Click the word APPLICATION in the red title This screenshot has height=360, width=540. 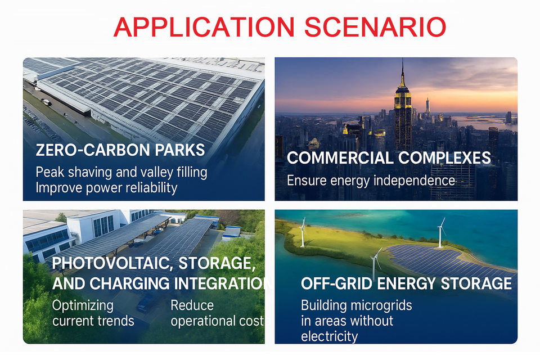[204, 27]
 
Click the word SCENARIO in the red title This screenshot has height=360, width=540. [375, 27]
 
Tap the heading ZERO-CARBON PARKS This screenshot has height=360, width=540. [120, 150]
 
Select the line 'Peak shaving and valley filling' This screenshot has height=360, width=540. [121, 172]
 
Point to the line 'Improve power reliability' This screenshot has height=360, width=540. [106, 188]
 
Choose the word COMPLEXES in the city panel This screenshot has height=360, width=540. [444, 157]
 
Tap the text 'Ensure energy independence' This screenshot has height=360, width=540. [371, 181]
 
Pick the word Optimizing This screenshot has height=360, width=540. [83, 306]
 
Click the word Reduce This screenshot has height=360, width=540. [192, 305]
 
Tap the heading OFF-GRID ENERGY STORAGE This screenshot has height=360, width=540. [406, 284]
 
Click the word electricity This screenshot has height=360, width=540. [330, 336]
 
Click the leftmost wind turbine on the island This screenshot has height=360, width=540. [303, 232]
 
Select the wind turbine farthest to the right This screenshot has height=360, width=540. [440, 232]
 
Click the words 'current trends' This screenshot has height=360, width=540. [93, 321]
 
